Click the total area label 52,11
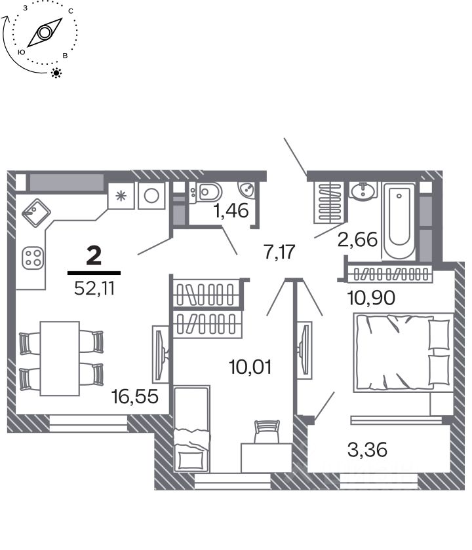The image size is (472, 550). (x=94, y=289)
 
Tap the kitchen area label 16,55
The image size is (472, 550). (x=135, y=397)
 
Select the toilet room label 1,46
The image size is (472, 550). (x=231, y=211)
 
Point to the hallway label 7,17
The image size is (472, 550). (x=279, y=252)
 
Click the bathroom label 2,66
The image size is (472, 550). (x=357, y=240)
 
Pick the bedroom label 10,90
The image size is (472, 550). (x=371, y=298)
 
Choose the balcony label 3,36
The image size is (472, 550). (x=367, y=450)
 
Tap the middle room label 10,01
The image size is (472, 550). (x=250, y=367)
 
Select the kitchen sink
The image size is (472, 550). (x=37, y=213)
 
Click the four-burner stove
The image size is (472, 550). (x=33, y=258)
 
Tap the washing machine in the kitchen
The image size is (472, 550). (x=151, y=196)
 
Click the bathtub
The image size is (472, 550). (x=399, y=221)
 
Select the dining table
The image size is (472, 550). (x=60, y=359)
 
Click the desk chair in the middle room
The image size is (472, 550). (x=267, y=431)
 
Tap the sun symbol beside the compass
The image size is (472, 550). (x=56, y=73)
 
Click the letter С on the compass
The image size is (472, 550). (x=71, y=11)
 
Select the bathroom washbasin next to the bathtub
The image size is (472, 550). (x=363, y=191)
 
